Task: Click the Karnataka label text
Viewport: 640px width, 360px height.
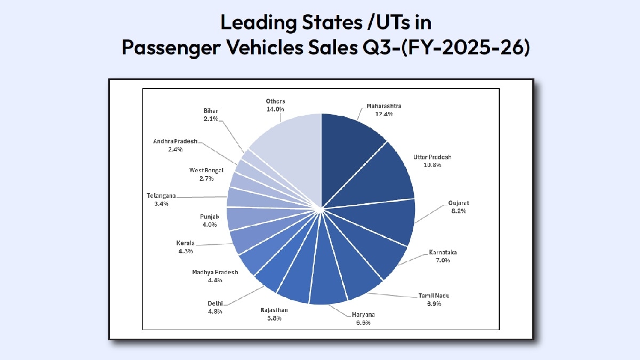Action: (443, 252)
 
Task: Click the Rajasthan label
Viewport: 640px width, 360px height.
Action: (274, 310)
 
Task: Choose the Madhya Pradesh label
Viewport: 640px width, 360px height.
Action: (215, 272)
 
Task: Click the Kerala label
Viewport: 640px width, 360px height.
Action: (185, 243)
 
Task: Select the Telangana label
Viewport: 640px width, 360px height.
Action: (161, 196)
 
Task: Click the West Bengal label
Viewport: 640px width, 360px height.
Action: (206, 170)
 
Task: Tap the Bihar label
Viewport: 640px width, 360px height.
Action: (210, 111)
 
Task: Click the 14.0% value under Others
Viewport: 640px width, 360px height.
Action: (275, 109)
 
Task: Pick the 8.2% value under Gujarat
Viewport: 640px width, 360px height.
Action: (458, 211)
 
